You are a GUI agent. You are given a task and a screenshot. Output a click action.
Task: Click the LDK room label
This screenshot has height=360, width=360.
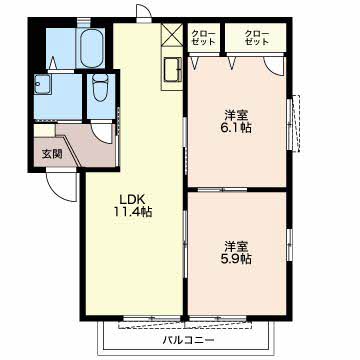click(x=132, y=199)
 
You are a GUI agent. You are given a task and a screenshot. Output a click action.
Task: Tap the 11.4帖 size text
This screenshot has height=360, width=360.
click(x=132, y=212)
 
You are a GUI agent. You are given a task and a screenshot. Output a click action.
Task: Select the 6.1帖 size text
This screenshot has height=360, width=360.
click(x=237, y=128)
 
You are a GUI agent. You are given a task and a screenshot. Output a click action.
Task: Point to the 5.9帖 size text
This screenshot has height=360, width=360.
click(x=237, y=259)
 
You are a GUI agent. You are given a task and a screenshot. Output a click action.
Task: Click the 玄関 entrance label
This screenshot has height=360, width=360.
click(x=52, y=154)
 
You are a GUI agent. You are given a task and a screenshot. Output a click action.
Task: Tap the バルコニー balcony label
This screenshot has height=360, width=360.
click(x=188, y=340)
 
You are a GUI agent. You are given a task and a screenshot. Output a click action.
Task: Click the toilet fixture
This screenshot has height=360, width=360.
click(x=100, y=87)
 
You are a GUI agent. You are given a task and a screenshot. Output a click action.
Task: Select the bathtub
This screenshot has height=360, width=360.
click(x=91, y=48)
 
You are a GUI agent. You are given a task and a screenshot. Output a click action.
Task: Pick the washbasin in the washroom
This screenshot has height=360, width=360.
click(x=42, y=84)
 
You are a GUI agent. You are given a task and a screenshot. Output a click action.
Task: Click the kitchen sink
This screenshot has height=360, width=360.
click(x=172, y=69)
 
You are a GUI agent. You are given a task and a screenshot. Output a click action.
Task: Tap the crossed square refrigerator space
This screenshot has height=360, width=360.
click(x=172, y=34)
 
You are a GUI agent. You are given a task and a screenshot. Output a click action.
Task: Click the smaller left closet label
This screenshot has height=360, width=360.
click(x=203, y=38)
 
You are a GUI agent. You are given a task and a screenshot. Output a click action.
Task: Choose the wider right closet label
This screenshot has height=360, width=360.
click(x=256, y=38)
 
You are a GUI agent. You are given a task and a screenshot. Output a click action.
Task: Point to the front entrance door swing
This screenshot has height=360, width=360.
click(x=62, y=187)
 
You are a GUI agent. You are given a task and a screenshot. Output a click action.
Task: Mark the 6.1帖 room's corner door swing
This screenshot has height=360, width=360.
click(x=275, y=66)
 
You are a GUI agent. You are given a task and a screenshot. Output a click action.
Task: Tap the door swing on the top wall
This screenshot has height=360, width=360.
click(x=144, y=14)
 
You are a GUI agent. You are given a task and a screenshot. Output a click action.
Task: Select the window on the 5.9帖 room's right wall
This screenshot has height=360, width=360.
click(x=289, y=243)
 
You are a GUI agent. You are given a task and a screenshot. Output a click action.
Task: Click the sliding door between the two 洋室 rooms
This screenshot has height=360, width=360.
click(x=222, y=190)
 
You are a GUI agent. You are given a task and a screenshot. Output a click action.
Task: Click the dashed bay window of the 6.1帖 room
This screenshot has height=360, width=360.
click(x=295, y=123)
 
